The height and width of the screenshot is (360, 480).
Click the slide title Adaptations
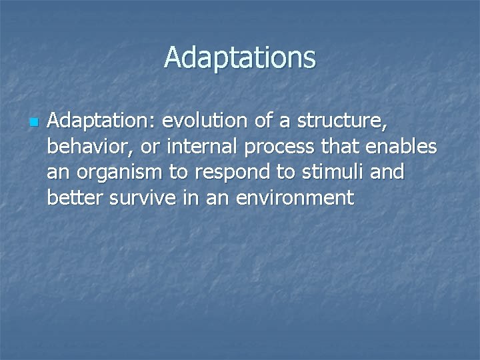point(240,57)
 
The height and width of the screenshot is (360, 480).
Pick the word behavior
point(89,147)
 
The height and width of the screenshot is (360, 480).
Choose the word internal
point(199,147)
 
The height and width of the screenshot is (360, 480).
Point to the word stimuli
point(325,172)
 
